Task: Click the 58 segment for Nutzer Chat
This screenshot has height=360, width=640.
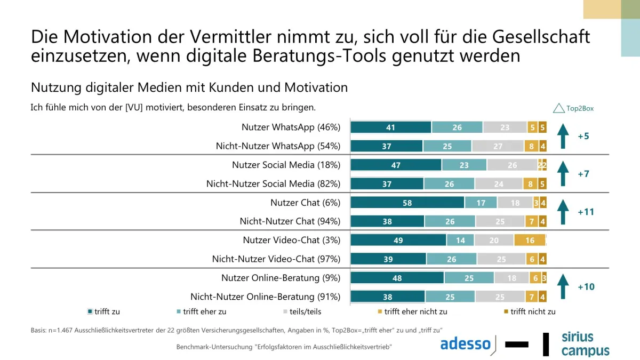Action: pos(407,203)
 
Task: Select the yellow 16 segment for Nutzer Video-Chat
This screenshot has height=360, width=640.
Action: pos(530,240)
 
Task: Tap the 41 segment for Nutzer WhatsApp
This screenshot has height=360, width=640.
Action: pos(391,127)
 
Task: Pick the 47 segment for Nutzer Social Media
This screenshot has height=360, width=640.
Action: pos(396,165)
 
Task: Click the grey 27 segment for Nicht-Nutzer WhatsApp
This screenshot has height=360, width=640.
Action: pos(498,146)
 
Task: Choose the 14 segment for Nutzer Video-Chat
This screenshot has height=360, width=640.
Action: pos(460,240)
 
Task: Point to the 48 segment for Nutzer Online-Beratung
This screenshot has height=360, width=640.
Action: pos(397,278)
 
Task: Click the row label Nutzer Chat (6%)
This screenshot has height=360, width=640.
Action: pos(306,203)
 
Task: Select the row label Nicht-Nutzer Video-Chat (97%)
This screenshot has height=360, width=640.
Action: pos(276,259)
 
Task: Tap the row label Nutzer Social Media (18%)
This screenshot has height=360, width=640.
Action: pos(286,165)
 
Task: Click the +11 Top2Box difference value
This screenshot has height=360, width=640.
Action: pos(586,212)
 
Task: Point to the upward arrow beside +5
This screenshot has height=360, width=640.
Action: pos(563,136)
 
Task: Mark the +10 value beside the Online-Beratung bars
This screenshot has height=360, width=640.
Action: pos(586,286)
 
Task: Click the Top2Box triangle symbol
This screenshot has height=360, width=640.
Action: pos(558,108)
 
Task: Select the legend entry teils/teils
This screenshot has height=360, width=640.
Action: pos(302,311)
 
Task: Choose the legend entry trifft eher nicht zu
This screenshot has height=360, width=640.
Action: pos(413,311)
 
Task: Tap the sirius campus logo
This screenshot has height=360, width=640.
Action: pos(586,345)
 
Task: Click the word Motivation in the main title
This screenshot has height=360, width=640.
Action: pos(107,37)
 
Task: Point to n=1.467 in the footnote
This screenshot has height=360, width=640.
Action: pos(60,331)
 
